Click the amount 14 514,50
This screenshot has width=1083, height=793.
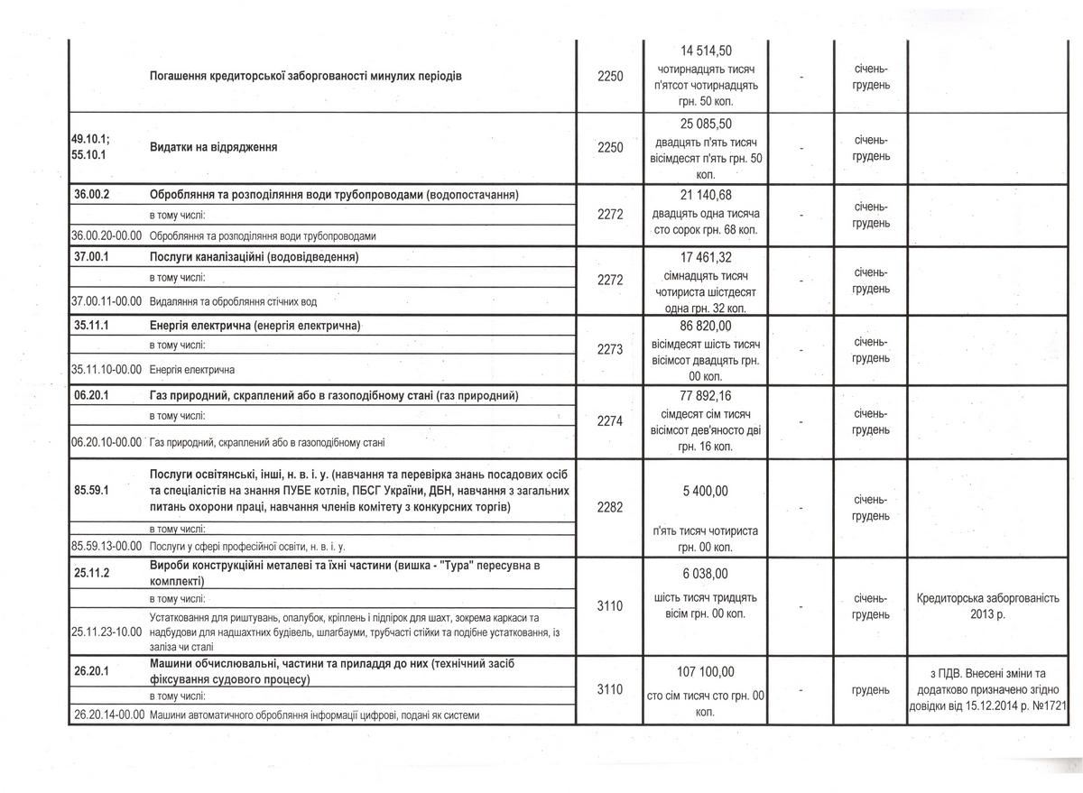(705, 51)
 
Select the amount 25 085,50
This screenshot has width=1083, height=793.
(705, 124)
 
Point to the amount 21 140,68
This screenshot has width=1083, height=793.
(705, 195)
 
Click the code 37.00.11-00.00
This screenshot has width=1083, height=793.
(106, 300)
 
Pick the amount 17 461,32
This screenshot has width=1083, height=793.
(705, 258)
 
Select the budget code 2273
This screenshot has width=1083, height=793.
(610, 349)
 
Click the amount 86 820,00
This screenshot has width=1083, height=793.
(705, 326)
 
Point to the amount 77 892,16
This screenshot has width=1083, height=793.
(705, 395)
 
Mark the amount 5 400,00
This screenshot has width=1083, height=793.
(705, 491)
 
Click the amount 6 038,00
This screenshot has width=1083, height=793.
(705, 573)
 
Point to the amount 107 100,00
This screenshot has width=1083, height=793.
(705, 671)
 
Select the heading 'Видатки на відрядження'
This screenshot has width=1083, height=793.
(212, 147)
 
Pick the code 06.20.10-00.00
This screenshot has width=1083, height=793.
(106, 442)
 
